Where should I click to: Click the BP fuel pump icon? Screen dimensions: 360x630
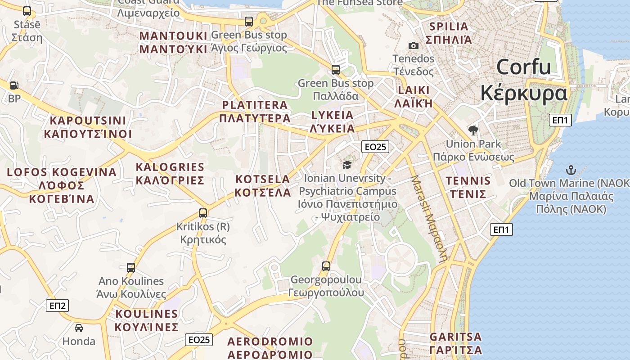14,85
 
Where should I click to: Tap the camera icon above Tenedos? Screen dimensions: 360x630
413,45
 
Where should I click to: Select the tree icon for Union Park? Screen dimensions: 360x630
473,130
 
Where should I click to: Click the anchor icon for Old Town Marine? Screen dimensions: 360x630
571,170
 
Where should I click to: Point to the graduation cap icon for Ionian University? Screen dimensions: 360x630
346,165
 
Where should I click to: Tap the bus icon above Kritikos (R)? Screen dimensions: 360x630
203,213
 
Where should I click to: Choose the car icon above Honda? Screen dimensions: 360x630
79,328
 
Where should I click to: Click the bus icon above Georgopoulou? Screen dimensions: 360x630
326,266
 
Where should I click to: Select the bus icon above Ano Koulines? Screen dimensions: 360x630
131,268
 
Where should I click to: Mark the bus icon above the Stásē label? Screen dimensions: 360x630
27,11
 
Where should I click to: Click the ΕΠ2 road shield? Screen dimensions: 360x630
57,306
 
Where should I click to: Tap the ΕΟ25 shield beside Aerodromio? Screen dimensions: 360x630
198,340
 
